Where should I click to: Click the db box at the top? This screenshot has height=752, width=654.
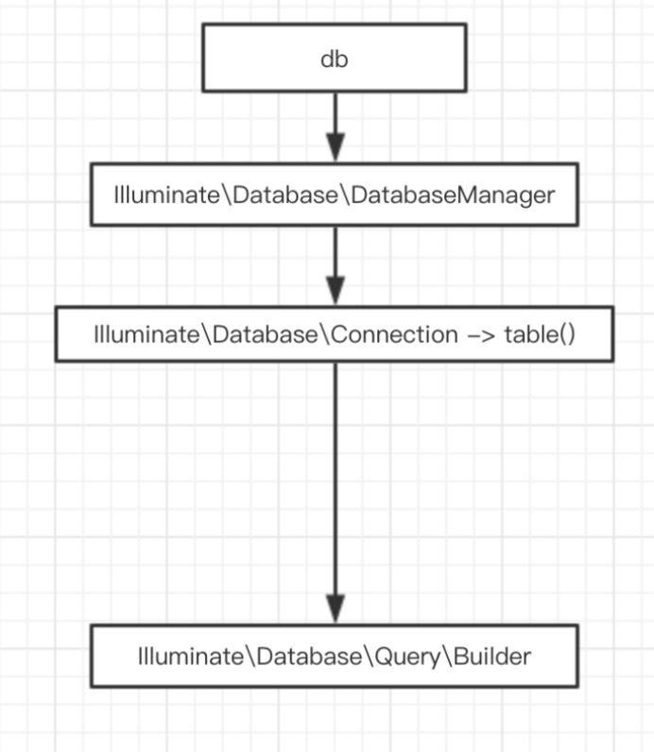click(335, 58)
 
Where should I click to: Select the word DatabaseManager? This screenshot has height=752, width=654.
click(453, 196)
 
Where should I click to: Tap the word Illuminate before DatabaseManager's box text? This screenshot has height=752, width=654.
click(166, 196)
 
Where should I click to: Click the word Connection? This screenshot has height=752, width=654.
click(394, 334)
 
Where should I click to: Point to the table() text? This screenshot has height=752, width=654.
click(540, 334)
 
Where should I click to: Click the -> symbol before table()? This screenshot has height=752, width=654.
click(481, 335)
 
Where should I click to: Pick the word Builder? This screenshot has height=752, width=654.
click(491, 656)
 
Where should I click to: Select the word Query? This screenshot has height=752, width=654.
click(407, 657)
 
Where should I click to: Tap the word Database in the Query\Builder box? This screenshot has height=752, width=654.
click(309, 656)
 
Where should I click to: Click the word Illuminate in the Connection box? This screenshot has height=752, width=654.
click(146, 334)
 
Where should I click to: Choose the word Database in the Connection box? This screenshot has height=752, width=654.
click(265, 334)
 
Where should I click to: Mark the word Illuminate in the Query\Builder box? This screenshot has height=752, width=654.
click(191, 656)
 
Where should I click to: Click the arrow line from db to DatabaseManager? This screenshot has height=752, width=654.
click(336, 128)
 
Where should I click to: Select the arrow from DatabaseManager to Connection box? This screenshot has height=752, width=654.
click(336, 265)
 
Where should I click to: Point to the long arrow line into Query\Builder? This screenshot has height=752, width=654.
click(336, 493)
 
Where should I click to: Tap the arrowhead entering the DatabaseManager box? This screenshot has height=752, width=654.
click(336, 147)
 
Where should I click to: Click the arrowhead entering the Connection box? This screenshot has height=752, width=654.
click(336, 290)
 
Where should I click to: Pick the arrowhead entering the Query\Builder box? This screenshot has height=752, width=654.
click(336, 609)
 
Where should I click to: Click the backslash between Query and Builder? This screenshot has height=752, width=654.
click(446, 657)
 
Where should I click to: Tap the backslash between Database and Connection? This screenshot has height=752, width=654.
click(324, 334)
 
